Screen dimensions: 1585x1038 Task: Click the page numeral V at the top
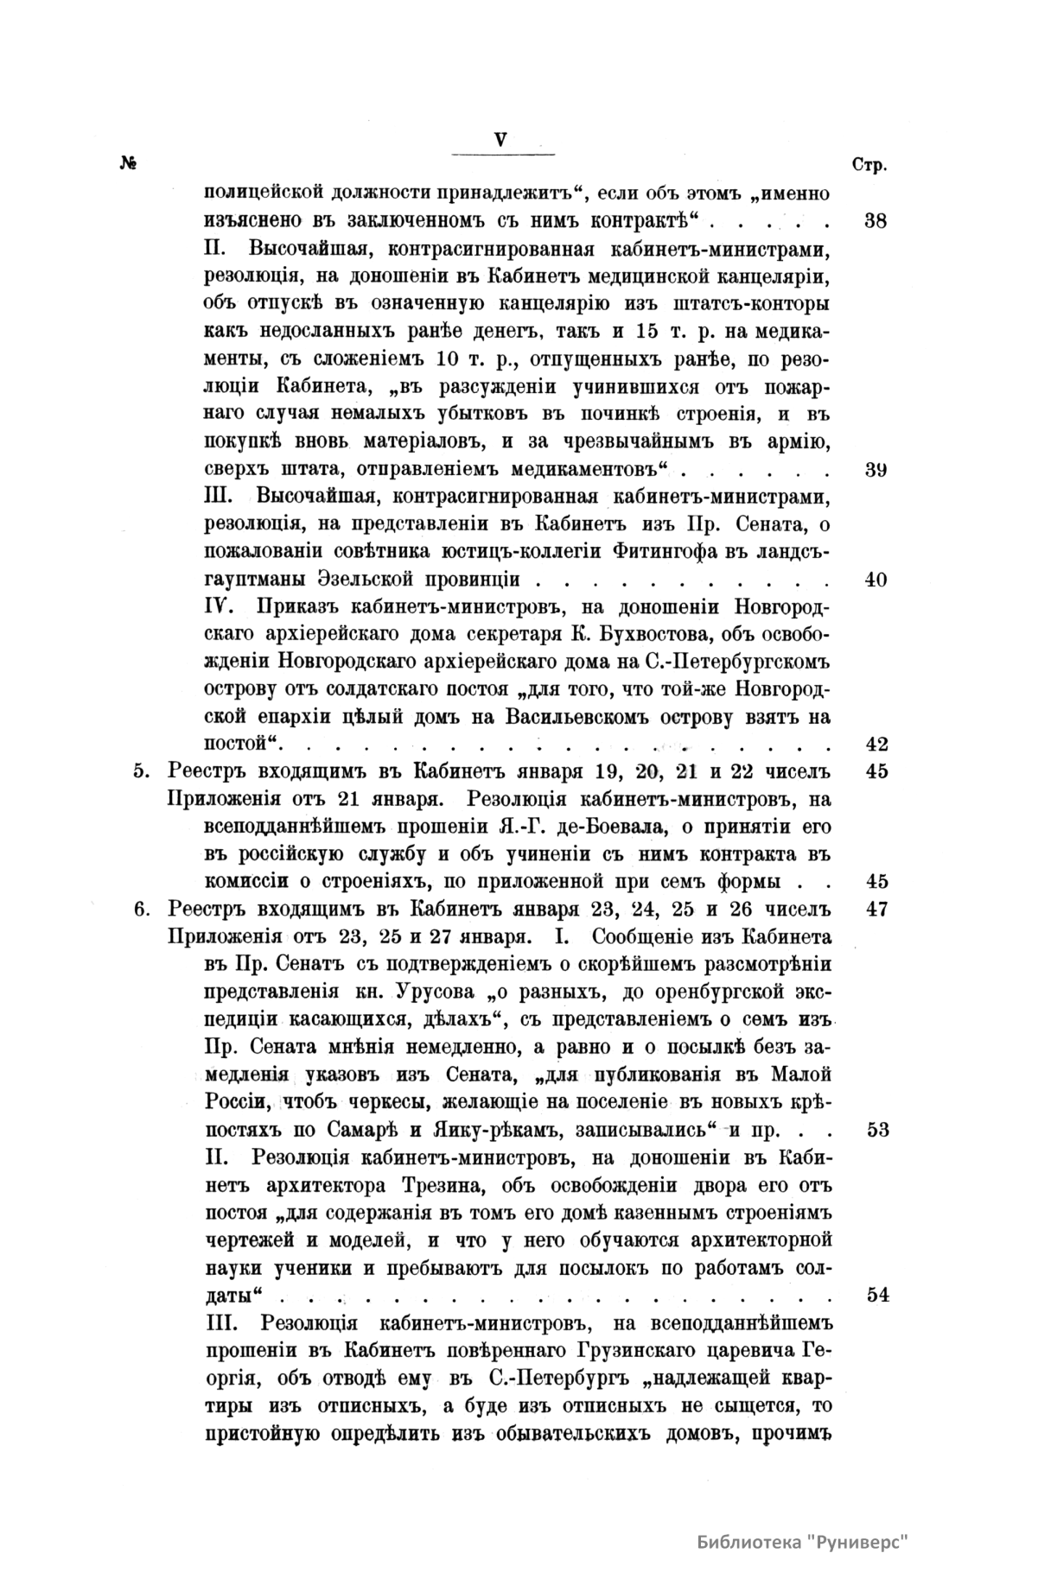click(x=500, y=138)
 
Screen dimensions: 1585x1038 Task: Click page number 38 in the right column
click(x=876, y=220)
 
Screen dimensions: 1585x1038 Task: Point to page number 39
click(x=876, y=471)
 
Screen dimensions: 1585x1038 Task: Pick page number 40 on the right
click(x=876, y=580)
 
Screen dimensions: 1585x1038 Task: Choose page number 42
click(x=876, y=745)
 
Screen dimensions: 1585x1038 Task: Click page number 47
click(x=876, y=910)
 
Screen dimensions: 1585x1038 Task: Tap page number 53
click(x=876, y=1130)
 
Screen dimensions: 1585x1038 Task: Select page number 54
click(x=876, y=1295)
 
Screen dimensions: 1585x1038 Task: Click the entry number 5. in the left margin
click(x=142, y=772)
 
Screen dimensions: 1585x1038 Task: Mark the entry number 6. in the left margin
click(x=142, y=910)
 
